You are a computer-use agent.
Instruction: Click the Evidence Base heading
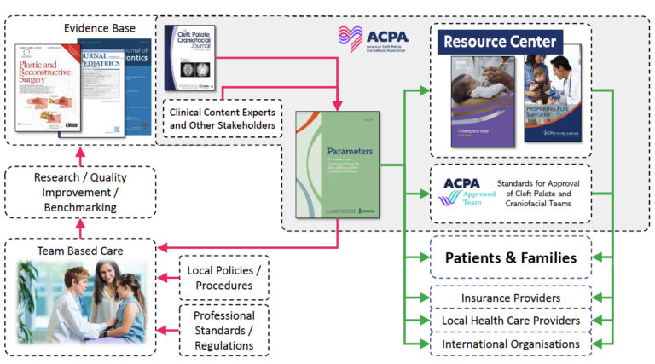click(100, 28)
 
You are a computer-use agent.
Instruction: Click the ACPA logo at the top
click(374, 38)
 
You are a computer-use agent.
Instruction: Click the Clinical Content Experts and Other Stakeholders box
click(223, 119)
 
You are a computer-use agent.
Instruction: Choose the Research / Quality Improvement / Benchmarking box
click(80, 193)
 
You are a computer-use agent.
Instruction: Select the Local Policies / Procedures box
click(224, 277)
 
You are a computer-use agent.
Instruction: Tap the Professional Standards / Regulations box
click(224, 331)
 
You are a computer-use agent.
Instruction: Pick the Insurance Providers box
click(510, 298)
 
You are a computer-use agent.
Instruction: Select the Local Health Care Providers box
click(510, 321)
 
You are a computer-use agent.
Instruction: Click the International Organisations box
click(510, 344)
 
